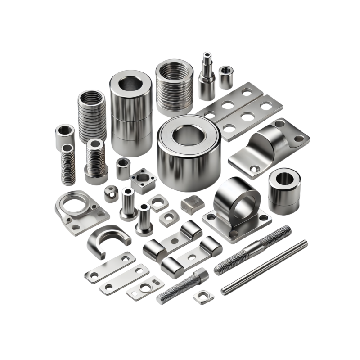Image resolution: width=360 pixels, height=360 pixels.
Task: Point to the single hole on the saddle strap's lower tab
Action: coord(253,168)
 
